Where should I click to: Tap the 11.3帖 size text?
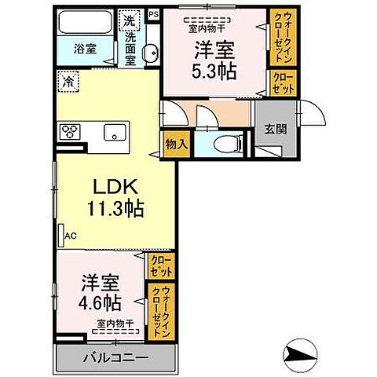point(115,209)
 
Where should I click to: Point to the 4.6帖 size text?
point(99,301)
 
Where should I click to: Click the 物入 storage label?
point(177,143)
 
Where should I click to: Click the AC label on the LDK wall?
point(68,235)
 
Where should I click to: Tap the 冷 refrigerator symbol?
point(69,81)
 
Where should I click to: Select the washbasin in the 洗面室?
point(151,53)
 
